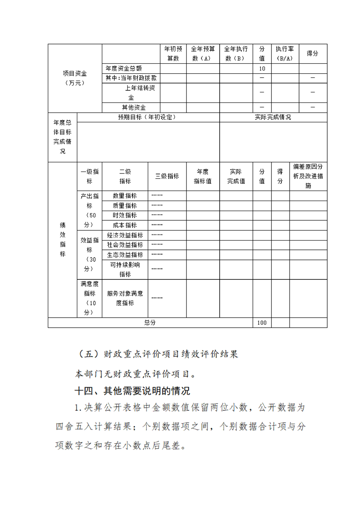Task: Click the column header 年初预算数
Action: [x=173, y=54]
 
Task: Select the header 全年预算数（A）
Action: [x=203, y=54]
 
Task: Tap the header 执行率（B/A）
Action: [x=285, y=54]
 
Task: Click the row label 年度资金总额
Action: [x=124, y=69]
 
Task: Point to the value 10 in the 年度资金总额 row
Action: [x=262, y=69]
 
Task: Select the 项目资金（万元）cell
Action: [x=75, y=78]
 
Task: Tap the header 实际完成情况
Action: [x=273, y=117]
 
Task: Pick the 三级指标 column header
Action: [x=167, y=177]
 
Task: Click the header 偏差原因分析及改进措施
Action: [x=308, y=177]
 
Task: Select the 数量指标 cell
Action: [x=125, y=196]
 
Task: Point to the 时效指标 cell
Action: [x=125, y=215]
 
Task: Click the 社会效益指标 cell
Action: [x=125, y=245]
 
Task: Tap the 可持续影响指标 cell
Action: [x=125, y=269]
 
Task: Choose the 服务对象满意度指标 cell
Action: [x=125, y=298]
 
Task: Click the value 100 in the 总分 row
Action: [x=262, y=323]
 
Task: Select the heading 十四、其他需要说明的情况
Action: [x=132, y=391]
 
